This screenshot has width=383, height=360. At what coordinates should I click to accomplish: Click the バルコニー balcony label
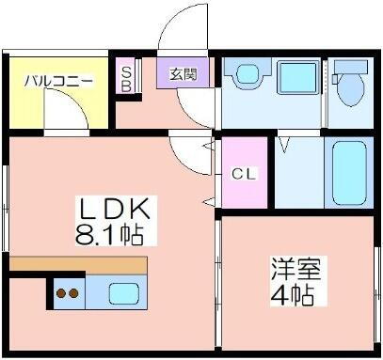[x=58, y=81]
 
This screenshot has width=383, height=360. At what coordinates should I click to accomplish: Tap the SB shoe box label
[x=127, y=75]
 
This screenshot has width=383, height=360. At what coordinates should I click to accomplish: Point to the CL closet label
[x=241, y=174]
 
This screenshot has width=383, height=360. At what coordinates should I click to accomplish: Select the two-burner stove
[x=67, y=293]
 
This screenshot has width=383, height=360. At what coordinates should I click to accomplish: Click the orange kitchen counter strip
[x=79, y=264]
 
